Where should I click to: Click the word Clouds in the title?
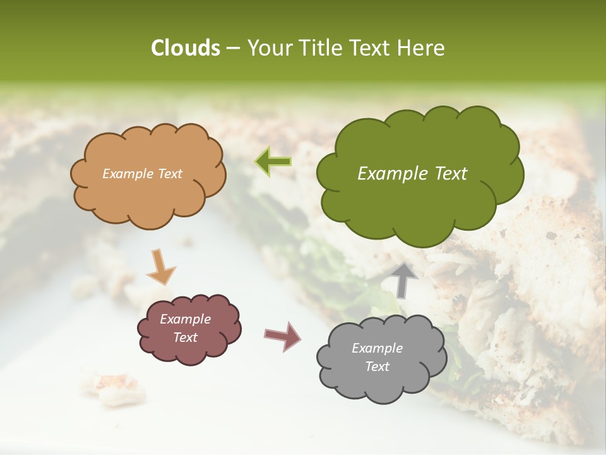(x=186, y=48)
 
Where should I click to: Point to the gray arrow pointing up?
(x=403, y=280)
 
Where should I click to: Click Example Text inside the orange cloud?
(x=142, y=174)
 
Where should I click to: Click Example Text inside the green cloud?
(x=412, y=174)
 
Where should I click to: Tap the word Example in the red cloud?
(x=185, y=320)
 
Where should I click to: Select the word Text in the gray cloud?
(x=377, y=367)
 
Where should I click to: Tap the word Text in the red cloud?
(x=185, y=337)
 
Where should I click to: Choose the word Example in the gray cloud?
(x=377, y=348)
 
